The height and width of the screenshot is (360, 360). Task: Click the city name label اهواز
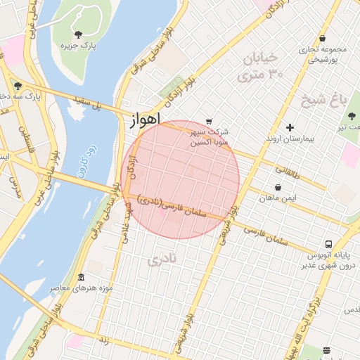tap(146, 120)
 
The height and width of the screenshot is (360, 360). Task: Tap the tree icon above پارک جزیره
tap(77, 34)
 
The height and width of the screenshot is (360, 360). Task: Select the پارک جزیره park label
tap(77, 46)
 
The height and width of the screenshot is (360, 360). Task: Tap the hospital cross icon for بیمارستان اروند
tap(290, 127)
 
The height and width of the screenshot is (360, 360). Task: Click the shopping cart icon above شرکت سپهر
tap(209, 121)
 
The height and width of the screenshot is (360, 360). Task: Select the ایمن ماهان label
tap(278, 198)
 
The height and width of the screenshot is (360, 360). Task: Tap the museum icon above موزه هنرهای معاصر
tap(82, 277)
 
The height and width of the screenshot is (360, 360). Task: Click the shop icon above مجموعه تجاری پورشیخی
tap(322, 38)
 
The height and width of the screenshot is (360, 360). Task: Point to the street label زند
tap(103, 340)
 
